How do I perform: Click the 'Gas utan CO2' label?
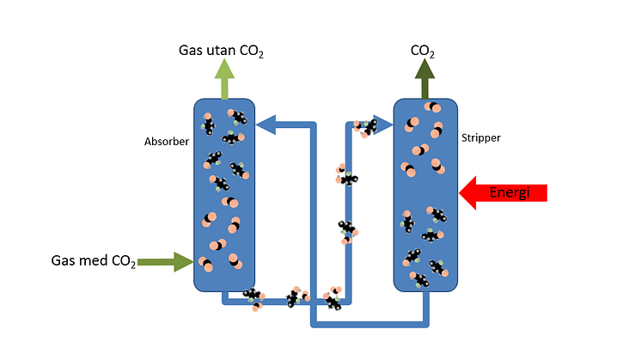(221, 52)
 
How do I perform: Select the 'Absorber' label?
(166, 142)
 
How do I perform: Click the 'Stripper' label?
(481, 137)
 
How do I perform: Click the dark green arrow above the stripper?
(423, 81)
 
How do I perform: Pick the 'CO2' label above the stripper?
(422, 52)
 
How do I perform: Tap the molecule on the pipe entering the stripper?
(367, 126)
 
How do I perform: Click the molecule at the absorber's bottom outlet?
(252, 297)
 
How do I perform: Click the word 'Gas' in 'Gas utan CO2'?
(190, 52)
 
